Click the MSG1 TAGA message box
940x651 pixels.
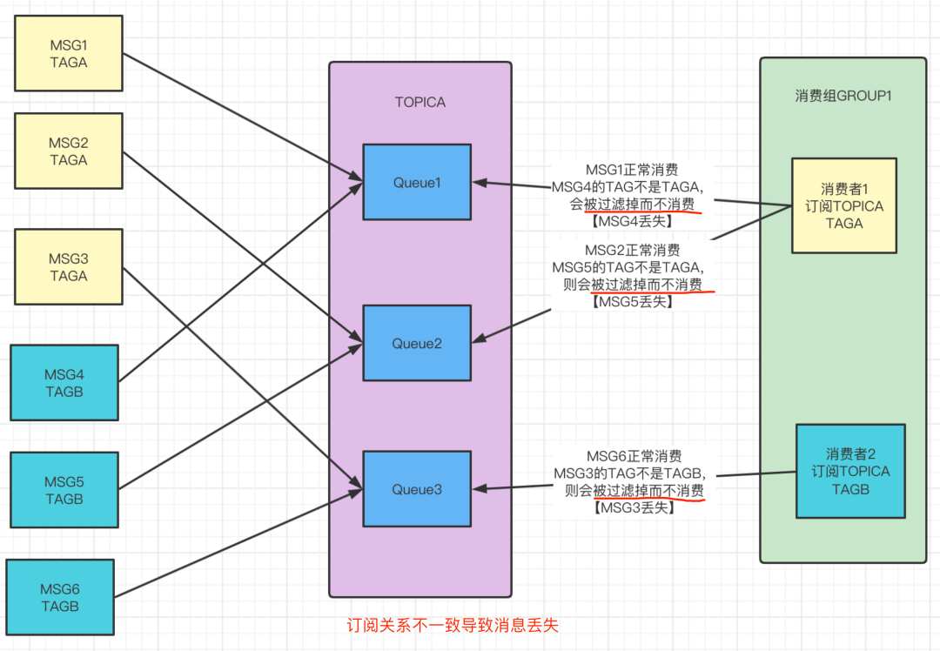69,53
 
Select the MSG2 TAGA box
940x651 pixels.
69,151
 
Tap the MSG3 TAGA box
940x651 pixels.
69,267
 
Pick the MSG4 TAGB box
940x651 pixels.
64,382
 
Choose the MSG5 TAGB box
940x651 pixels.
64,490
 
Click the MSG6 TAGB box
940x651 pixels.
60,597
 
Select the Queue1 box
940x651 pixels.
417,182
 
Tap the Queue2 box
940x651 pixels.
417,343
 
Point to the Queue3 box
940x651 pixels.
417,489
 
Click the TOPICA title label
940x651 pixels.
420,103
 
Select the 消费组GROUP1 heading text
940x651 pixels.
843,96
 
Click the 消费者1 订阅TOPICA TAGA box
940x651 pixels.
844,205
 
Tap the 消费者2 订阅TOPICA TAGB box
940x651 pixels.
850,471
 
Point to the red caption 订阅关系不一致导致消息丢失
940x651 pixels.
453,625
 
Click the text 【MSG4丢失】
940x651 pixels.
632,221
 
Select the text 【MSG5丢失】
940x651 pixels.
633,301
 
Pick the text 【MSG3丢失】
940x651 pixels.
634,507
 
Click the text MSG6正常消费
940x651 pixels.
634,456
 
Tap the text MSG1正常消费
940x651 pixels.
632,170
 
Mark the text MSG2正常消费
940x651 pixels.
633,250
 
